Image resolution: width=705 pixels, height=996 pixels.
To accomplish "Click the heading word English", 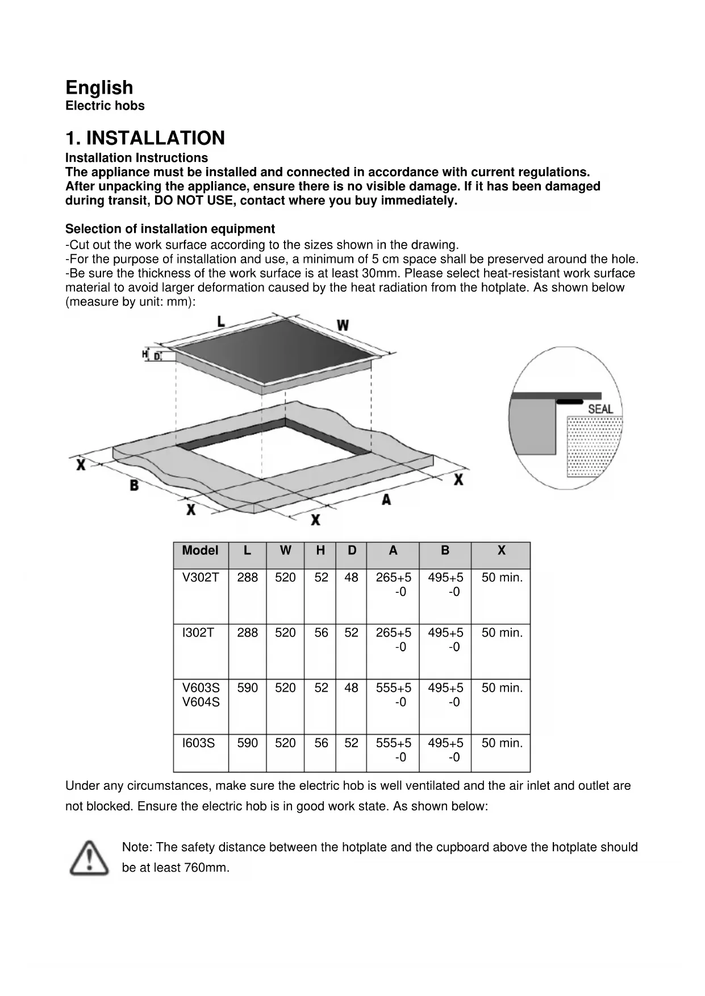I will [x=99, y=87].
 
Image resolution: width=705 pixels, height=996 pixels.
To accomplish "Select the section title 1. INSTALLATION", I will [x=145, y=138].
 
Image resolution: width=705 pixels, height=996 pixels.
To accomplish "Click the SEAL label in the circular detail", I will [x=600, y=409].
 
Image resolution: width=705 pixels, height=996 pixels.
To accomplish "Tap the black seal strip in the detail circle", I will [x=569, y=401].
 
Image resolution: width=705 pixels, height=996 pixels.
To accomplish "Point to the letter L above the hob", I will [x=221, y=321].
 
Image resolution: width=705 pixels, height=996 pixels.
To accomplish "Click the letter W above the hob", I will [x=343, y=325].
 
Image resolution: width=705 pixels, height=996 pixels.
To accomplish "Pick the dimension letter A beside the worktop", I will [x=386, y=500].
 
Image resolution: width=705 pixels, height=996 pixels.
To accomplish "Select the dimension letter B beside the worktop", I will [x=134, y=486].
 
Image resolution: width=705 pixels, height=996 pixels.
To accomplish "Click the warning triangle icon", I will [x=89, y=857].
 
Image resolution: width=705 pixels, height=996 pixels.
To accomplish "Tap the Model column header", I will [x=200, y=550].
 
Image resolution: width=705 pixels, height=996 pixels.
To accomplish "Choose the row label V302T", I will [x=200, y=577].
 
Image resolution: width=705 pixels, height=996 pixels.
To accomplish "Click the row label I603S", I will [x=198, y=743].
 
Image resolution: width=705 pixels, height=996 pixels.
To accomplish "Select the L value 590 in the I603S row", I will [x=247, y=743].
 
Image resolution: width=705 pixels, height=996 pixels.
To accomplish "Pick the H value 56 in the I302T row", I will [x=321, y=633].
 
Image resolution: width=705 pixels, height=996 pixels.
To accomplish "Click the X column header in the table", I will [x=501, y=550].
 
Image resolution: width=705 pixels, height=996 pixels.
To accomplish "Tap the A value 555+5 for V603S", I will [x=393, y=688].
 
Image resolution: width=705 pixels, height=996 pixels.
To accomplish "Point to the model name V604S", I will [x=201, y=702].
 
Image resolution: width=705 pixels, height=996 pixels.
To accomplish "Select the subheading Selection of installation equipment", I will [x=170, y=229].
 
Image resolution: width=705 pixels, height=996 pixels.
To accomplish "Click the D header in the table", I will [x=352, y=550].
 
